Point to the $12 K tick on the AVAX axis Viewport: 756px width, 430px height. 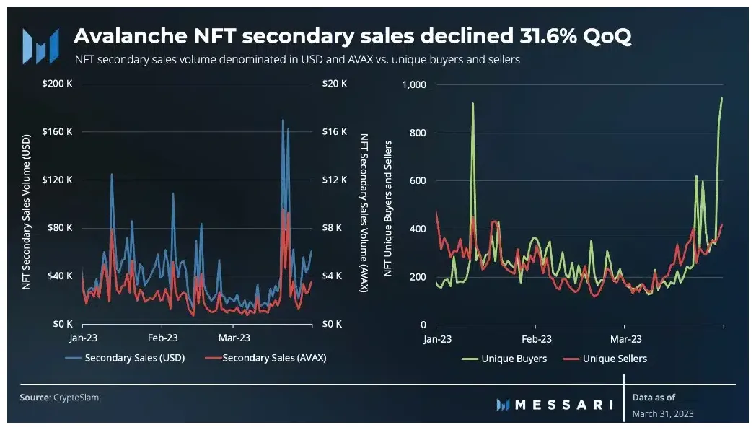[334, 180]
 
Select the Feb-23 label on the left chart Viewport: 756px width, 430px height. [163, 338]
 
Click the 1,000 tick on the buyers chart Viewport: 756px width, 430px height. [415, 84]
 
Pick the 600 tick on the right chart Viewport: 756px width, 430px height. [418, 180]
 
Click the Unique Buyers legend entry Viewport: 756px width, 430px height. [513, 359]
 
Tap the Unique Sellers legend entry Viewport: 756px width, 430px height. [614, 359]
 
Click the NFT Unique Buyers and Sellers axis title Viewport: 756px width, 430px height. [389, 205]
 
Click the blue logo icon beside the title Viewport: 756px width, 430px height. [40, 46]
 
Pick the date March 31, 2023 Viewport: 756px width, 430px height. [663, 414]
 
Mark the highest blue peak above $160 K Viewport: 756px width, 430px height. [283, 120]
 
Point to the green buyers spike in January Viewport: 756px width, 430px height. [472, 104]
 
